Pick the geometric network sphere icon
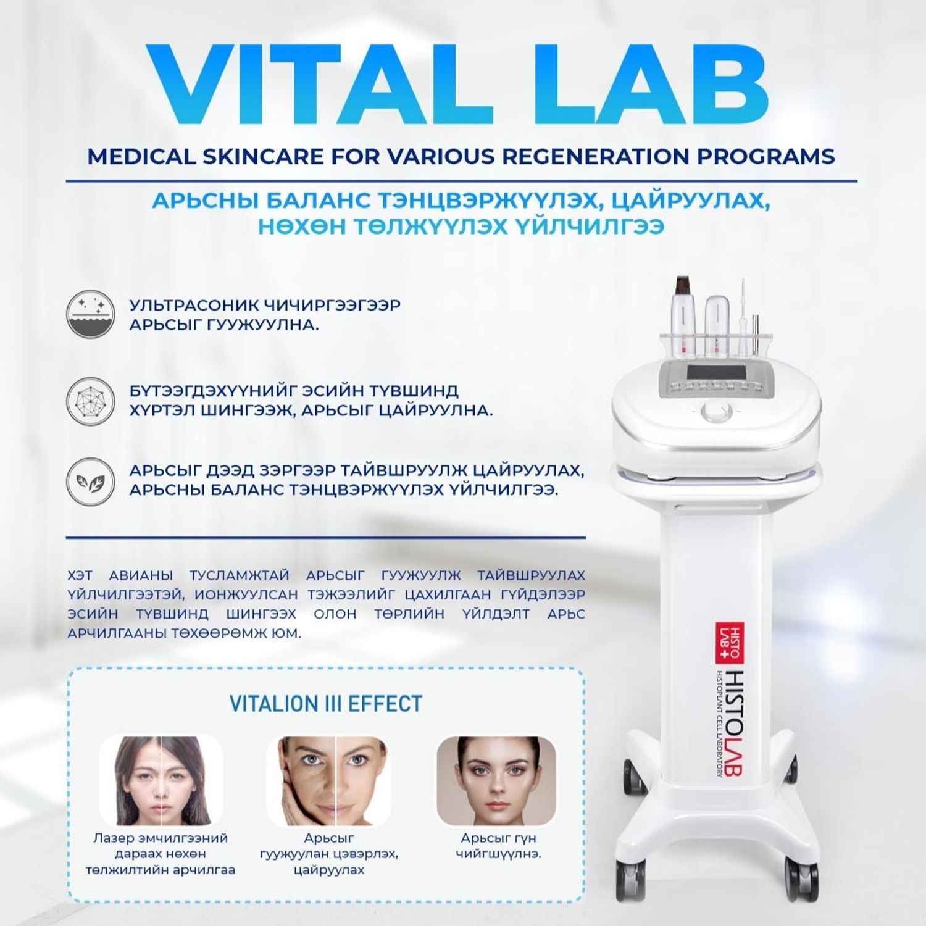[90, 401]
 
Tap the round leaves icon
[90, 482]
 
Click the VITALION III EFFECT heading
[325, 704]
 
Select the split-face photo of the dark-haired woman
[161, 781]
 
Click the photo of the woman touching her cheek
[328, 781]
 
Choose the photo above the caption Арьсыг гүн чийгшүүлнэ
[496, 781]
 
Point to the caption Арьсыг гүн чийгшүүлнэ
[498, 846]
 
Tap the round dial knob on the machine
[716, 411]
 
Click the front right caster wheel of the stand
[793, 870]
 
